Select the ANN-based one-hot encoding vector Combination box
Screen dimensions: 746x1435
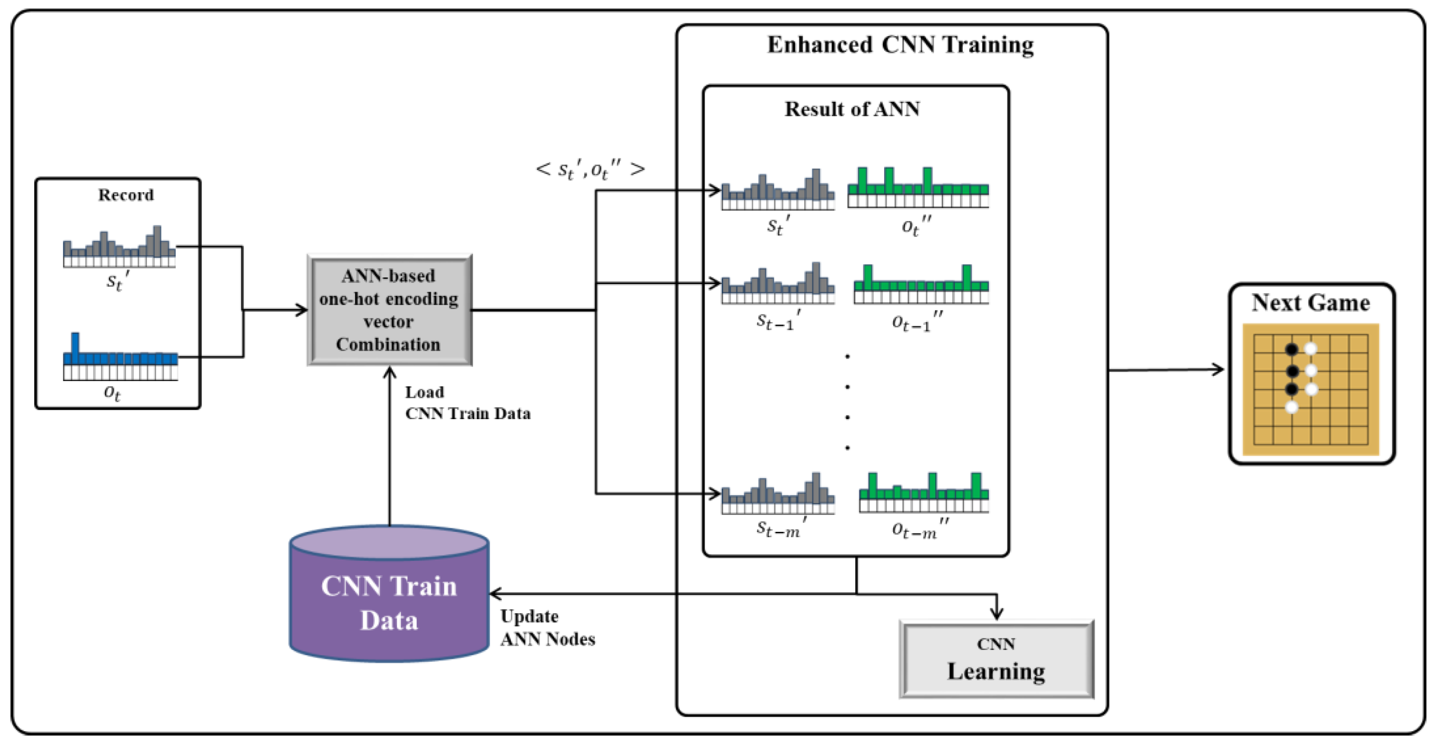pyautogui.click(x=389, y=310)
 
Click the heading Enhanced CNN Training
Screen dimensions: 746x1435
pyautogui.click(x=900, y=45)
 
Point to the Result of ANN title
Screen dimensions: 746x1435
pyautogui.click(x=852, y=109)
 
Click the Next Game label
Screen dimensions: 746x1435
pyautogui.click(x=1310, y=303)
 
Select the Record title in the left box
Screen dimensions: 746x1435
pyautogui.click(x=126, y=195)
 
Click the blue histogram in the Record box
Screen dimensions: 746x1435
pyautogui.click(x=120, y=357)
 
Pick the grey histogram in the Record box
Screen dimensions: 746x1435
pyautogui.click(x=119, y=248)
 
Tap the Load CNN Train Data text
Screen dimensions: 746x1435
pyautogui.click(x=467, y=403)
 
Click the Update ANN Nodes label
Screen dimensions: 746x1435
pyautogui.click(x=547, y=628)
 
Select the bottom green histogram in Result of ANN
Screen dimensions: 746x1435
pyautogui.click(x=924, y=492)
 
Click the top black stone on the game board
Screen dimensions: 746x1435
pyautogui.click(x=1291, y=350)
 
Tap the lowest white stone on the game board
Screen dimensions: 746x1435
pyautogui.click(x=1291, y=407)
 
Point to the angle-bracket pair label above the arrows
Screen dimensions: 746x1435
pyautogui.click(x=590, y=169)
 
